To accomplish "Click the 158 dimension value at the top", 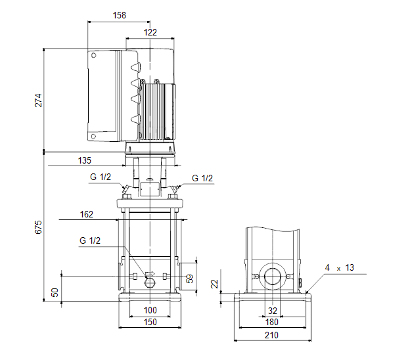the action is [120, 15].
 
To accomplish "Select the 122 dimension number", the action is [150, 32].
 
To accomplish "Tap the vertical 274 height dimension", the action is [38, 101].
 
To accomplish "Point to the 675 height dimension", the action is [38, 227].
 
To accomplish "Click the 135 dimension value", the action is [85, 160].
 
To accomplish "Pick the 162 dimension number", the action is [86, 214].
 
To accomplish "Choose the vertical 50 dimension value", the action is [55, 292].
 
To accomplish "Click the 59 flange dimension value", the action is [191, 279].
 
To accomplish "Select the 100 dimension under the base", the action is [150, 310].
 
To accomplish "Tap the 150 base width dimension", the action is [150, 322].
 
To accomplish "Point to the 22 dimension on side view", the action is [214, 284].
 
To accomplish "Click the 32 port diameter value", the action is [273, 311].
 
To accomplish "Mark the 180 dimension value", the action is [271, 322].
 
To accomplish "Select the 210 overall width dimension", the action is [271, 335].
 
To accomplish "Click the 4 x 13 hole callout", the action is [339, 267].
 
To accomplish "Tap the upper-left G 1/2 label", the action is [101, 177].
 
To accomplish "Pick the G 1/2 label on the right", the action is [202, 178].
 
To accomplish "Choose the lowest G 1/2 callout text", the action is [90, 240].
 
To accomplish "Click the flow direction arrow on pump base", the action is [150, 273].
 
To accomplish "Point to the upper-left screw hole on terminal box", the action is [94, 55].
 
